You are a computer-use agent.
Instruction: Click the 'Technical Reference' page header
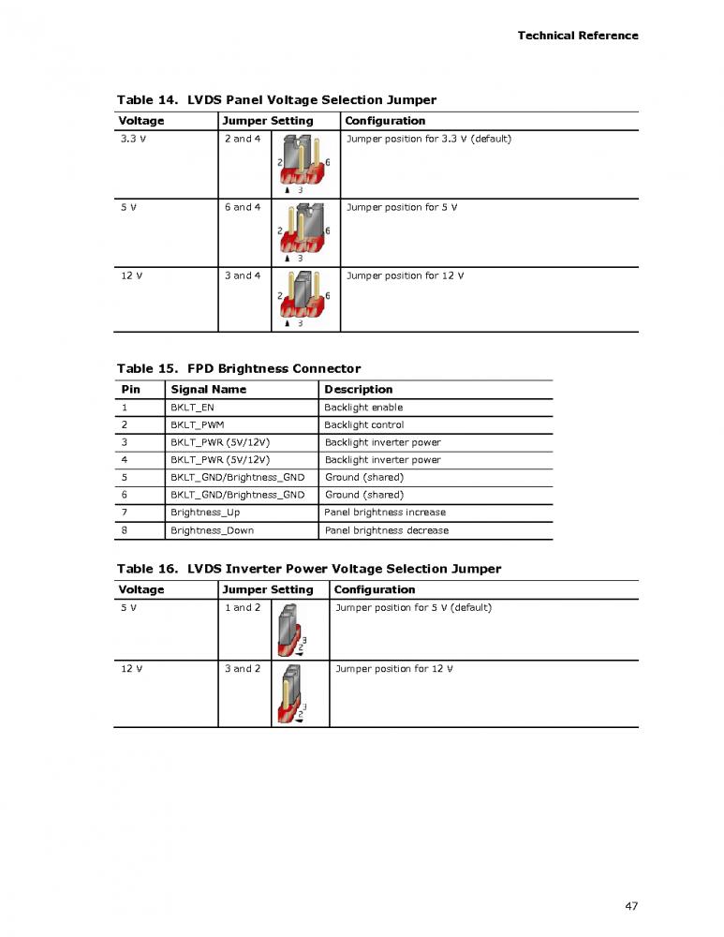click(x=578, y=36)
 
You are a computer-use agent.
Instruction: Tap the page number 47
click(x=631, y=905)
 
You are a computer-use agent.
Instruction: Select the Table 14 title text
click(x=276, y=99)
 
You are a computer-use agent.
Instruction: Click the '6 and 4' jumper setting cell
click(x=243, y=207)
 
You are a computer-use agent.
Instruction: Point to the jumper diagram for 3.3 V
click(x=304, y=163)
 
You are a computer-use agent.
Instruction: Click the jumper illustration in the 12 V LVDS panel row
click(x=304, y=299)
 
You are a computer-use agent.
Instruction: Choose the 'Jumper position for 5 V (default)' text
click(x=413, y=607)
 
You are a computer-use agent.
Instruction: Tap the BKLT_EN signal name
click(x=192, y=408)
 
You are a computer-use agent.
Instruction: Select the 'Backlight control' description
click(x=364, y=425)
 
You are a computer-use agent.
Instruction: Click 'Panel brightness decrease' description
click(x=386, y=530)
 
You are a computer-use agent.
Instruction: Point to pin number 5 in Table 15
click(x=125, y=478)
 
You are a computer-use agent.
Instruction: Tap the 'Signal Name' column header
click(x=208, y=390)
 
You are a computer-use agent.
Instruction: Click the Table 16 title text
click(x=308, y=569)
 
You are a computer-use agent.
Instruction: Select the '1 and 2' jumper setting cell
click(x=243, y=607)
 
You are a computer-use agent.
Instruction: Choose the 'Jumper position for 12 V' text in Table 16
click(x=393, y=669)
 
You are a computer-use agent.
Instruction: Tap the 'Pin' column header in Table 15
click(x=130, y=390)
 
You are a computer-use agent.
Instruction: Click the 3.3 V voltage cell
click(x=132, y=139)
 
